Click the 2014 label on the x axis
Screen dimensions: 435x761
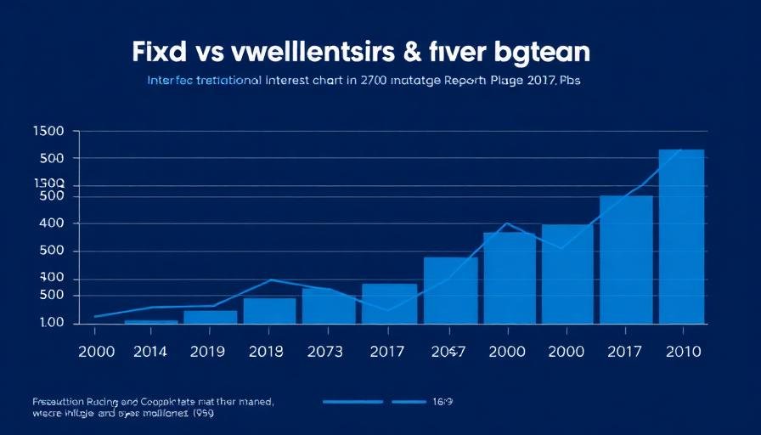pos(150,351)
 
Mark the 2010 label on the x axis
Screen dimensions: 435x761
pos(682,351)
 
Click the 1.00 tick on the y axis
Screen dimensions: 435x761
pos(52,323)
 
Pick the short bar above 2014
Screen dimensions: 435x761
pos(151,321)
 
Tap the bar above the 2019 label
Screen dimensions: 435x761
pos(211,317)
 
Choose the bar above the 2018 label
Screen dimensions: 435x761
pos(269,310)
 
